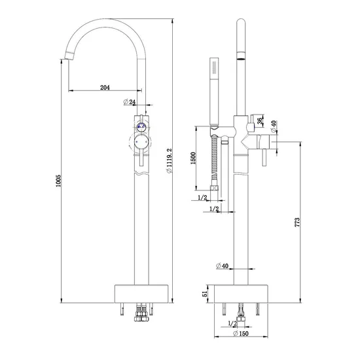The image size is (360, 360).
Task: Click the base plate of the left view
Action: [142, 292]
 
